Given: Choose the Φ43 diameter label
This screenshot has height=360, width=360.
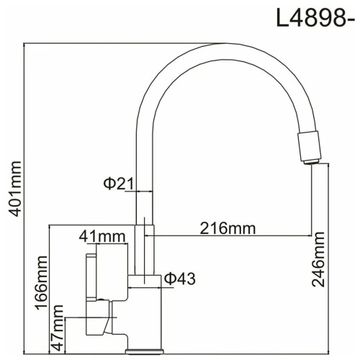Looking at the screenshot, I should [x=179, y=278].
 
